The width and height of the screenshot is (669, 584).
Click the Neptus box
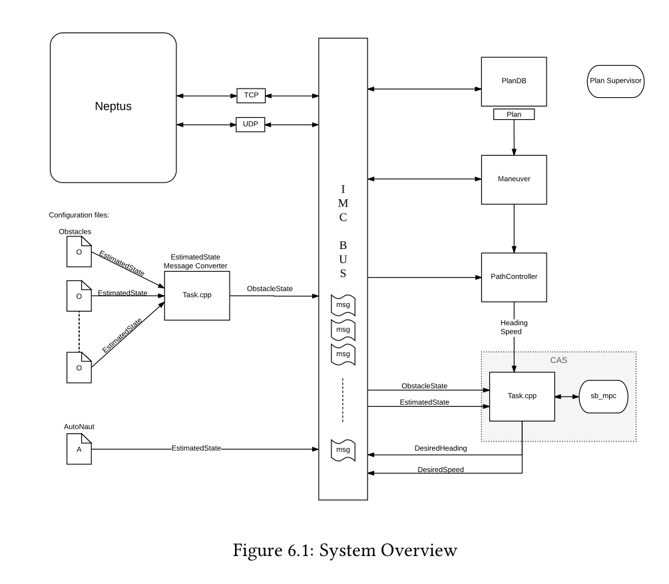pyautogui.click(x=113, y=108)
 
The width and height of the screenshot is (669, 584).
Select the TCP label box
pyautogui.click(x=251, y=96)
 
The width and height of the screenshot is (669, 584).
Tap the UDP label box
pyautogui.click(x=251, y=125)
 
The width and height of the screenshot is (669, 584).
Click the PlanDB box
pyautogui.click(x=513, y=81)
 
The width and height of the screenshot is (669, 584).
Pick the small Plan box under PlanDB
pyautogui.click(x=514, y=115)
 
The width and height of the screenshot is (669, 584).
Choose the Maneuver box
pyautogui.click(x=513, y=180)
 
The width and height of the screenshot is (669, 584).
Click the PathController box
pyautogui.click(x=513, y=276)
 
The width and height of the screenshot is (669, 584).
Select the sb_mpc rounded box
pyautogui.click(x=604, y=396)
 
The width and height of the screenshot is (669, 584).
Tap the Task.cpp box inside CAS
pyautogui.click(x=522, y=396)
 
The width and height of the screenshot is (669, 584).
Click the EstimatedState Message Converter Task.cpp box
pyautogui.click(x=196, y=295)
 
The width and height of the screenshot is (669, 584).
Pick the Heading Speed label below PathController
pyautogui.click(x=514, y=328)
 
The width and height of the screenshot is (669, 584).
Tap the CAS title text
pyautogui.click(x=558, y=360)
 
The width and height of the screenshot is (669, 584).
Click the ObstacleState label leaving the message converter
pyautogui.click(x=272, y=289)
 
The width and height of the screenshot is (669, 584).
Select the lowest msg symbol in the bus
pyautogui.click(x=343, y=450)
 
